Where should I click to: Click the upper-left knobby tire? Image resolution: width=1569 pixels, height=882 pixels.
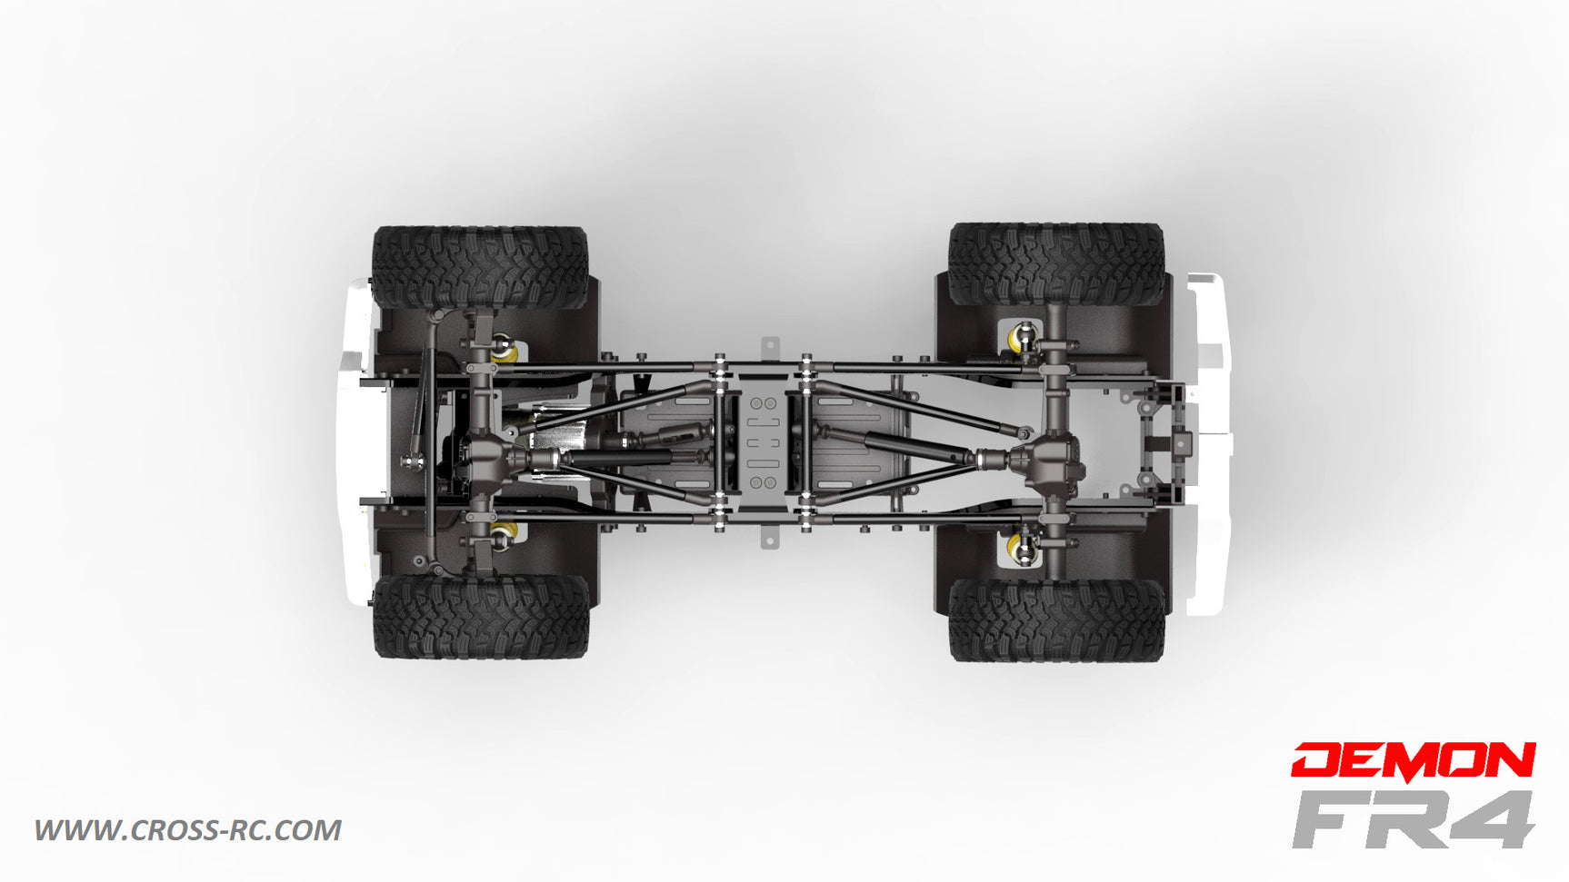click(x=480, y=267)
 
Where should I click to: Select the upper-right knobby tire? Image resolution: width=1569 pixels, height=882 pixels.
click(x=1056, y=263)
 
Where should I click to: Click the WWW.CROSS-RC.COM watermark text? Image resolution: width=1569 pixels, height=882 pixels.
click(x=188, y=830)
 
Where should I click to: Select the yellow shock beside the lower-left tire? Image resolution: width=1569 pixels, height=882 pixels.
click(x=505, y=532)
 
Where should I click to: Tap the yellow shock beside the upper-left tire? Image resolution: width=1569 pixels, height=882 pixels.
click(x=505, y=350)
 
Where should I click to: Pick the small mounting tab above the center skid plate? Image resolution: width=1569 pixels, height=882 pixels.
click(x=770, y=348)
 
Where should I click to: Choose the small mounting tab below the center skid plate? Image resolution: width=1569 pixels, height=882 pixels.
click(x=770, y=538)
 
